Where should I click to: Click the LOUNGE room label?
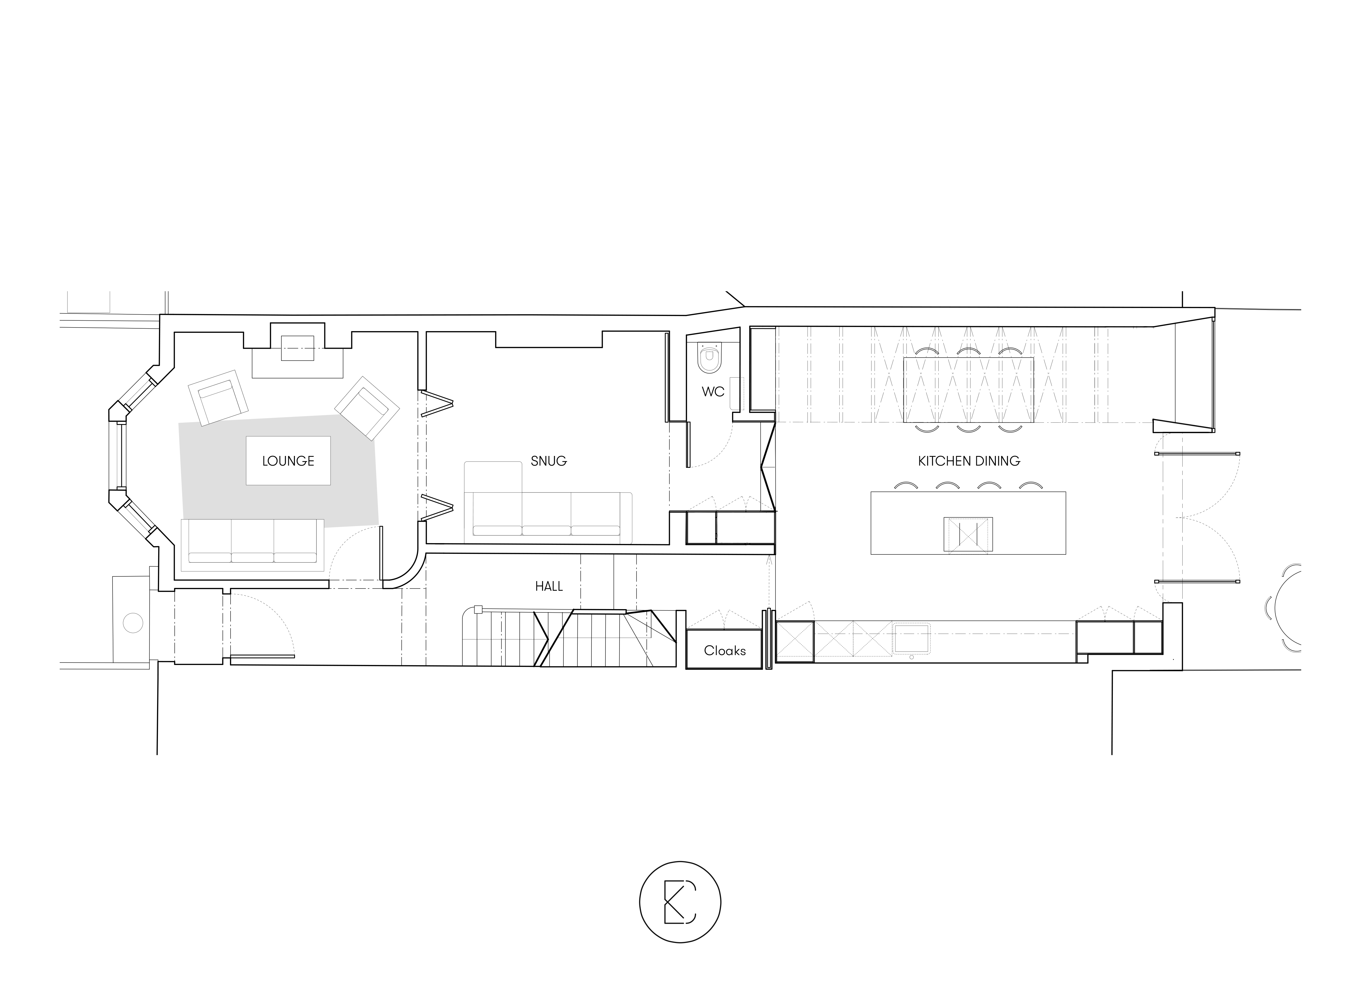(288, 461)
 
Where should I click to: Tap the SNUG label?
(549, 461)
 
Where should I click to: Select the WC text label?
(713, 391)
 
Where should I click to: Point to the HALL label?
(549, 586)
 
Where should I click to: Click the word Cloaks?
(724, 651)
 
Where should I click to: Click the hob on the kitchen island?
(968, 534)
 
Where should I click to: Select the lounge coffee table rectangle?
(288, 460)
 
